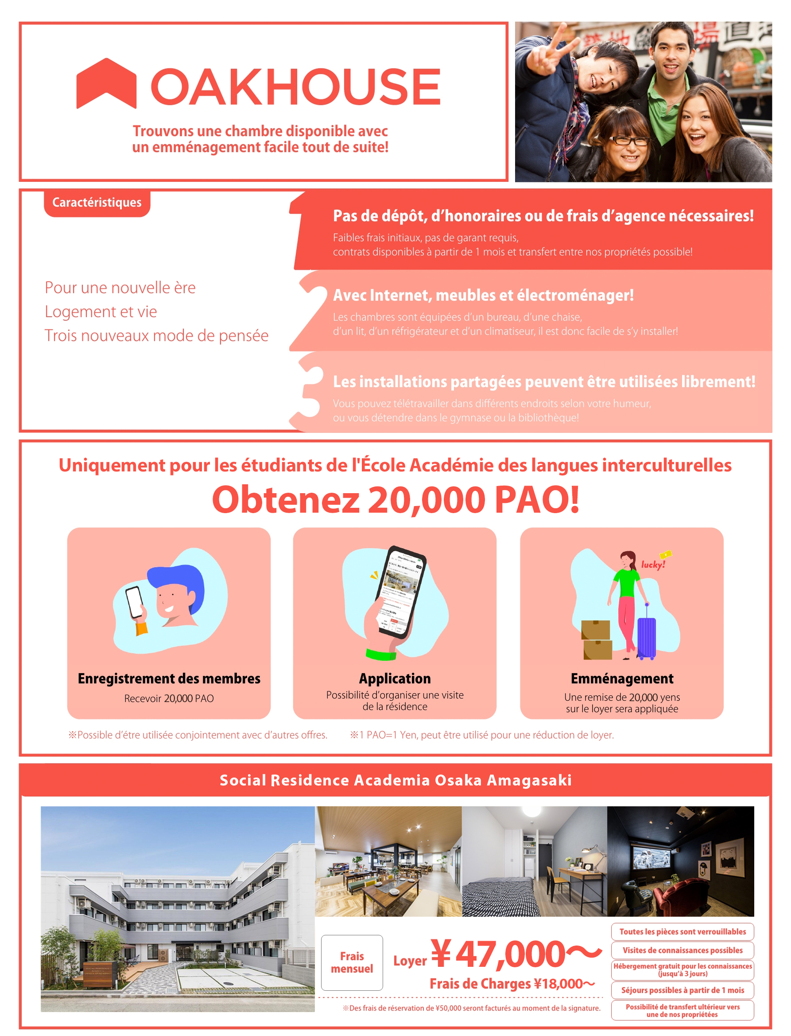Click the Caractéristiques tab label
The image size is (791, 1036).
(x=97, y=202)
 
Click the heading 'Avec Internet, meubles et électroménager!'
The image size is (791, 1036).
(x=483, y=295)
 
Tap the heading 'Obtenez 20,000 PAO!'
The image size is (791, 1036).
(x=395, y=500)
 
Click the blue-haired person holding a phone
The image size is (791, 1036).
(x=174, y=596)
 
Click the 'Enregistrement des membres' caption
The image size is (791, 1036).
(x=169, y=678)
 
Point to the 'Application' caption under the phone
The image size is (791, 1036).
(x=395, y=678)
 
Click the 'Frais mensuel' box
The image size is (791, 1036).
(x=352, y=962)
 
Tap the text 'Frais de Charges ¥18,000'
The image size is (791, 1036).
(x=512, y=984)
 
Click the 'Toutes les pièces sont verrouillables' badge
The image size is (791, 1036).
(x=682, y=931)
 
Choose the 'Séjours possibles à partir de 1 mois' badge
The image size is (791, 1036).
(x=682, y=990)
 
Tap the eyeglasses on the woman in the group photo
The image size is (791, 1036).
(x=629, y=140)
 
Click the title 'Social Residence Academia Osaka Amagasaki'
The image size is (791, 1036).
(x=395, y=780)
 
